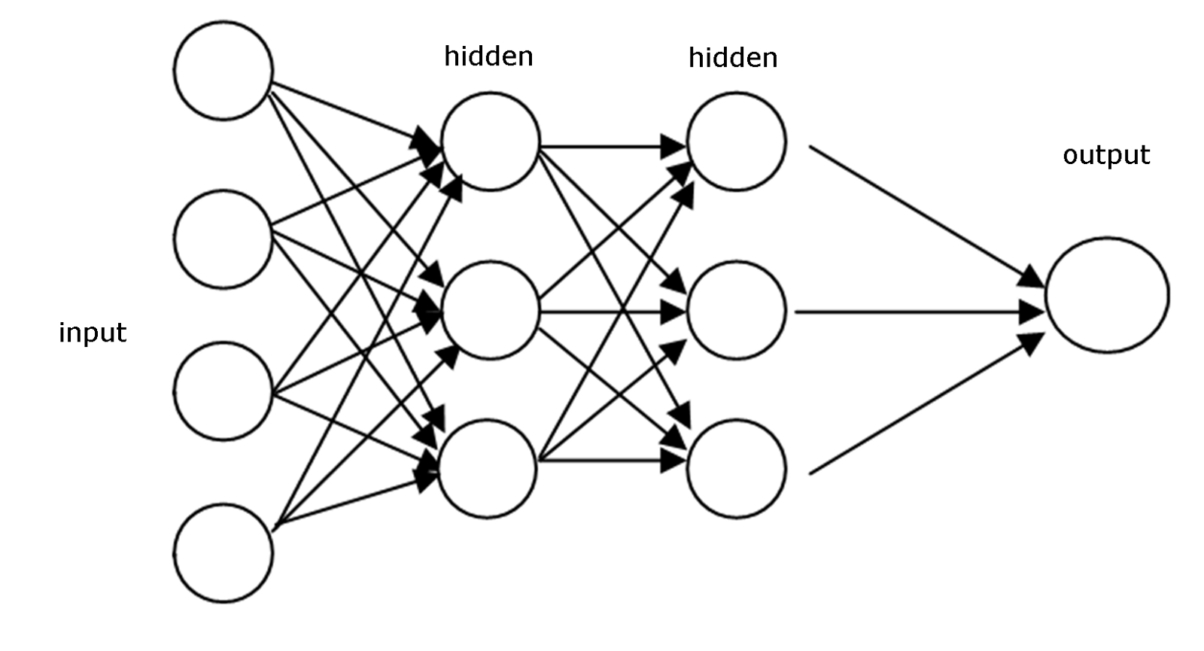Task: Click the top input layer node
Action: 223,70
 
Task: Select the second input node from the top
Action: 223,239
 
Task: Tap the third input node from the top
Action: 223,391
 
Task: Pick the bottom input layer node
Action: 223,553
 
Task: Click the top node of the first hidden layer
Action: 491,141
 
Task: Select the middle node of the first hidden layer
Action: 491,310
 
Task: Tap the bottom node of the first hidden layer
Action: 488,468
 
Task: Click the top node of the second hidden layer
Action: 736,141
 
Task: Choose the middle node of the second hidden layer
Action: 736,310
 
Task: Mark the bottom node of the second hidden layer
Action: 736,468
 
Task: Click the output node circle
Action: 1106,295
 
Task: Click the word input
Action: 93,333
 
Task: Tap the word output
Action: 1106,155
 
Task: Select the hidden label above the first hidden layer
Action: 488,56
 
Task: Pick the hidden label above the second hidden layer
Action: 733,58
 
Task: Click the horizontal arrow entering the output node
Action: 918,310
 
